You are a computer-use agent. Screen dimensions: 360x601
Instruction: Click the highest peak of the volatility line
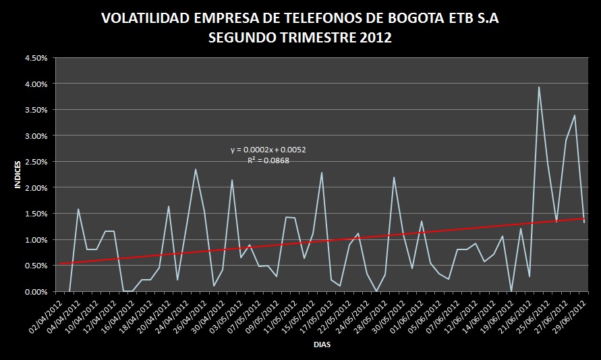(539, 87)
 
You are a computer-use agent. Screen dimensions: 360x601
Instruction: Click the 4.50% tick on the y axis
(36, 58)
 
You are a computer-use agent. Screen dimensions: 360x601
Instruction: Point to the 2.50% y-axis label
(36, 162)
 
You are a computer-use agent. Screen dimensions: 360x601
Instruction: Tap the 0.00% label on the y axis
(36, 292)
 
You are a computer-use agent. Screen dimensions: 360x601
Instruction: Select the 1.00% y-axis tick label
(36, 240)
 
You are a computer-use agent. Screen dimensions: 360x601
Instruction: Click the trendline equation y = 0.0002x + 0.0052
(268, 150)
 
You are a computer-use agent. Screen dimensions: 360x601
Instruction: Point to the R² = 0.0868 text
(268, 160)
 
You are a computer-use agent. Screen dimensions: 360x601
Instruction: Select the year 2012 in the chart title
(376, 38)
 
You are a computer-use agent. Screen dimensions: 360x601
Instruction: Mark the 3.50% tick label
(36, 110)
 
